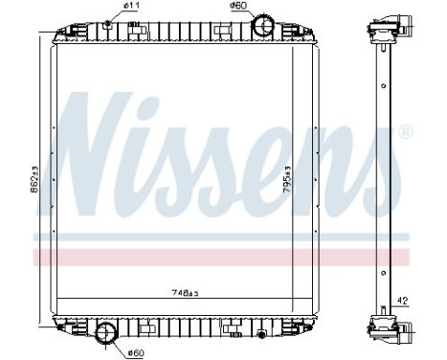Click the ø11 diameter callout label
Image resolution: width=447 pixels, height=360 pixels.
point(131,6)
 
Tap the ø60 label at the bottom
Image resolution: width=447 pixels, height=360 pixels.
point(136,353)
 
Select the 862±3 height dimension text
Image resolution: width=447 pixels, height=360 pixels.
point(34,179)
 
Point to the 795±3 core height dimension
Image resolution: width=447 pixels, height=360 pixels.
point(287,179)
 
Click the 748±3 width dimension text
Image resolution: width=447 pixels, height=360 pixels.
point(185,292)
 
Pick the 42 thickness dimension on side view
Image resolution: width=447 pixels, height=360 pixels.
point(402,301)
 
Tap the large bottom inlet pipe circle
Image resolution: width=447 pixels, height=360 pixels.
point(106,333)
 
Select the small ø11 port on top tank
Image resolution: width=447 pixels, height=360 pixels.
point(107,23)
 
